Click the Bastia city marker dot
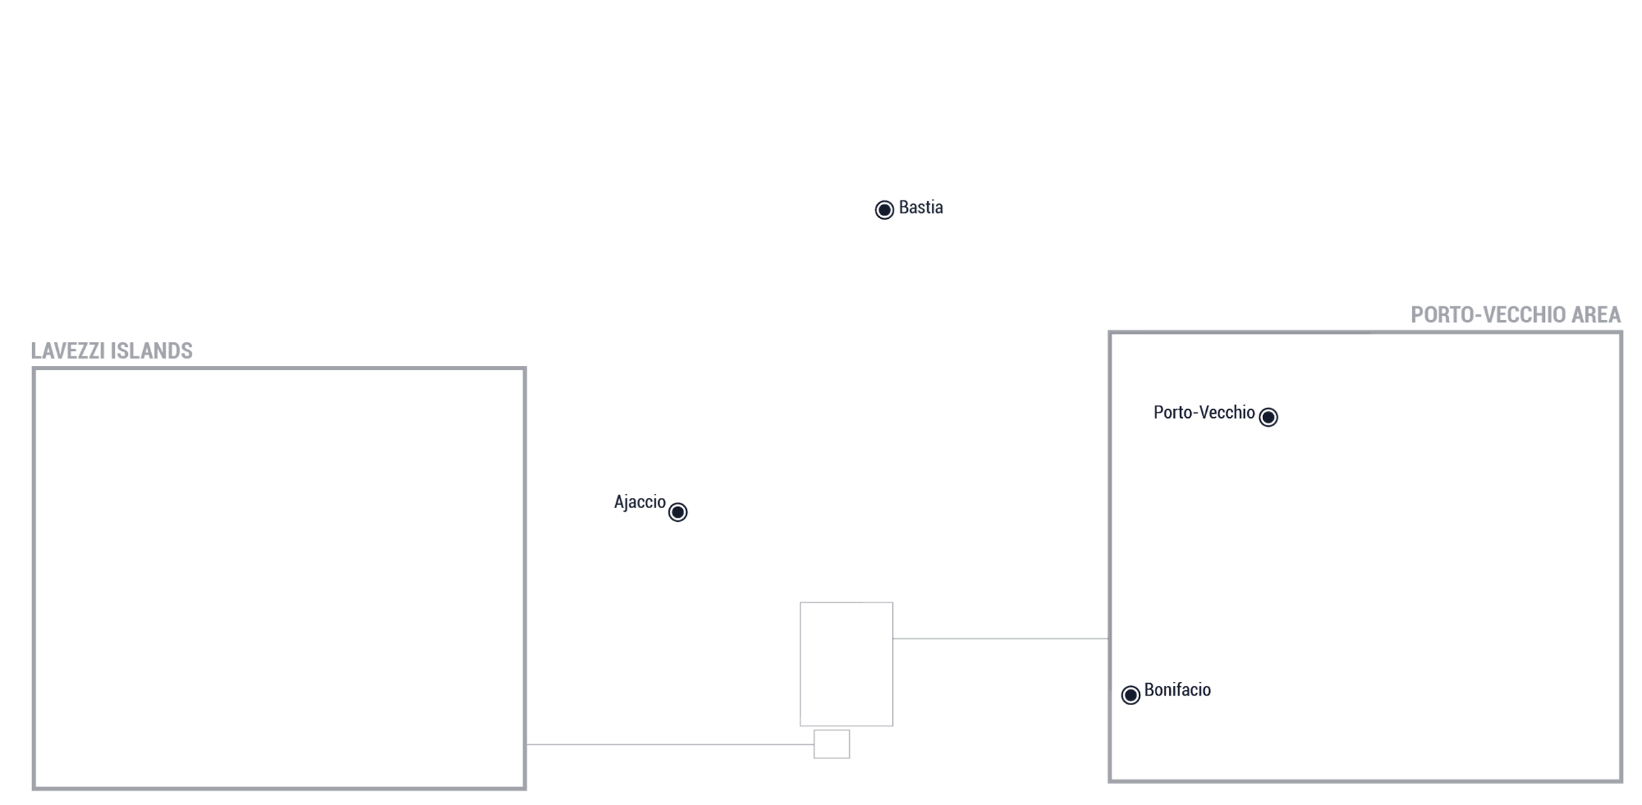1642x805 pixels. [884, 209]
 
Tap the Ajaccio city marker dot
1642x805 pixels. [677, 512]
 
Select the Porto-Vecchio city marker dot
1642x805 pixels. [1268, 417]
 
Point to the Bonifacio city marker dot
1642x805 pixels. [1130, 695]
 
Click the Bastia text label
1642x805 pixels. [920, 207]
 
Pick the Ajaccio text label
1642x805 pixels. [639, 503]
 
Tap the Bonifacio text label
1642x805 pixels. [1177, 689]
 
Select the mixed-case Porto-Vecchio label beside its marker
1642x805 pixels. [1203, 412]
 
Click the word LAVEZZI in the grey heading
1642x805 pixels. [68, 351]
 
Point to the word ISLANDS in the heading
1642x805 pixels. [151, 351]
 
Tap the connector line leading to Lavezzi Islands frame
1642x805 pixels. [670, 744]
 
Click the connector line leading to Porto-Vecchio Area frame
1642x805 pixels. [1000, 639]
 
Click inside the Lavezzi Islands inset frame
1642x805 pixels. [279, 579]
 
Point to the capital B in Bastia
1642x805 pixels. [904, 207]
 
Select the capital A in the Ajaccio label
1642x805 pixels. [619, 502]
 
